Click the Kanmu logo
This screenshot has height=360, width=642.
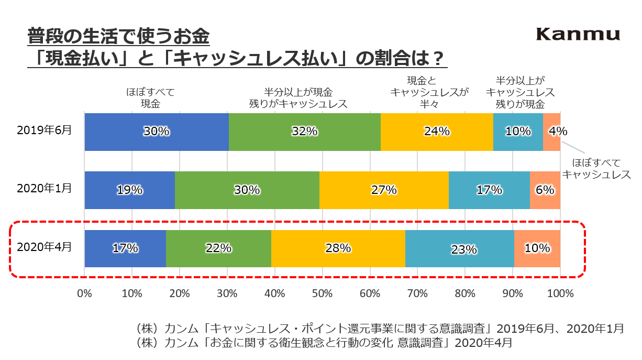click(578, 35)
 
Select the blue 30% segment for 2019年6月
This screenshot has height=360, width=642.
click(157, 132)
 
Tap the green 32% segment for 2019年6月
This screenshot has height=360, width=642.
click(305, 132)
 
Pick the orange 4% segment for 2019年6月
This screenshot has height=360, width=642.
click(551, 132)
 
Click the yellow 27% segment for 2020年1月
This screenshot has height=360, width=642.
click(384, 190)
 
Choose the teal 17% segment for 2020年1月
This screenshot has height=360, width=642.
click(489, 190)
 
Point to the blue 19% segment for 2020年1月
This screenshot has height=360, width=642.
click(130, 190)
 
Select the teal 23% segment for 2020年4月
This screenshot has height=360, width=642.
click(459, 248)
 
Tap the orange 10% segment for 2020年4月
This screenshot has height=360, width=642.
click(537, 248)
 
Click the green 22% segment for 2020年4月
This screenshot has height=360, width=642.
click(218, 248)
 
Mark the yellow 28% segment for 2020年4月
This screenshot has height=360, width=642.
click(338, 248)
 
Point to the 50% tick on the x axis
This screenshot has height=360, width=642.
click(323, 293)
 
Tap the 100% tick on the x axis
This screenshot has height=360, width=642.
click(560, 293)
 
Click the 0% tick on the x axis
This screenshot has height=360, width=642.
click(85, 293)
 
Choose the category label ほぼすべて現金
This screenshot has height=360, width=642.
click(150, 97)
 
